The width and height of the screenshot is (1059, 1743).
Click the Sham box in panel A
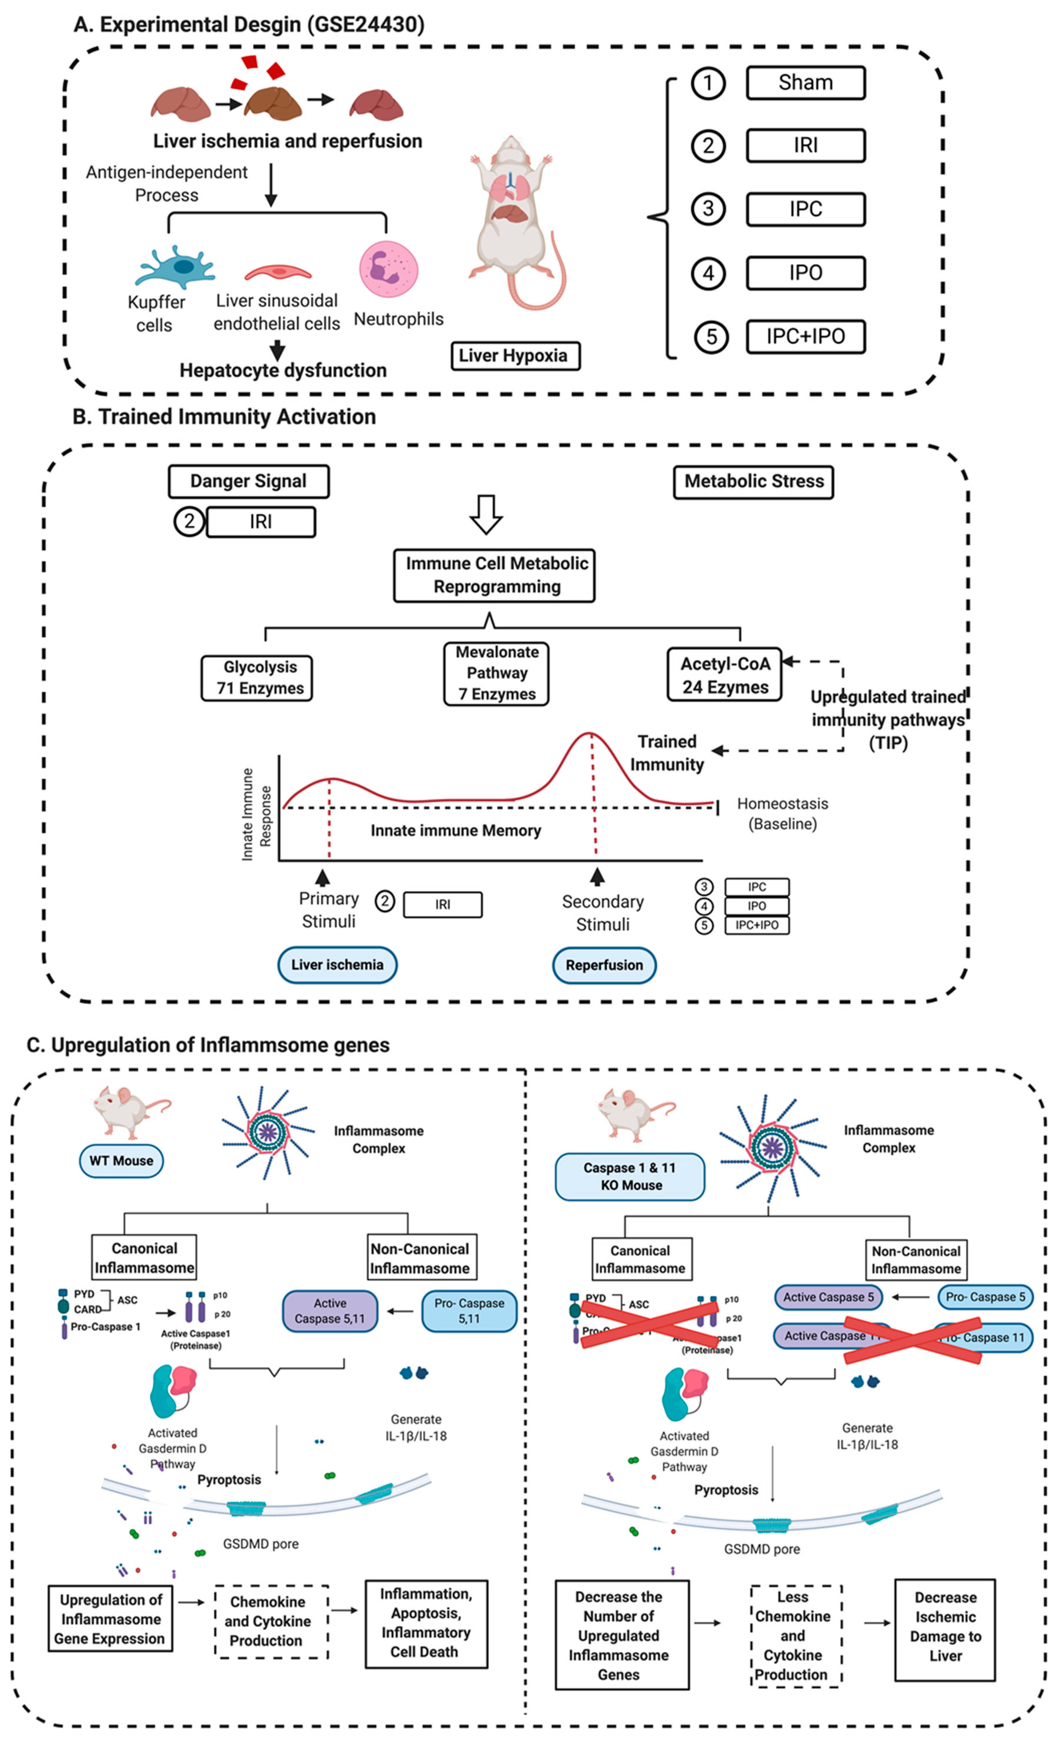pos(805,83)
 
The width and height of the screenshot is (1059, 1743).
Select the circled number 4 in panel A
pos(708,273)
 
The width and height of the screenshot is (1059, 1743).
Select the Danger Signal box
pos(248,481)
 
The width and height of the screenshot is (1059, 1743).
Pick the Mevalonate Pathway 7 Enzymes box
pos(496,673)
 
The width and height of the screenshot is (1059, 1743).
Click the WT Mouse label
pos(121,1161)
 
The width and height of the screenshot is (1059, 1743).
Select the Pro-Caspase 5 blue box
pos(985,1297)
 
